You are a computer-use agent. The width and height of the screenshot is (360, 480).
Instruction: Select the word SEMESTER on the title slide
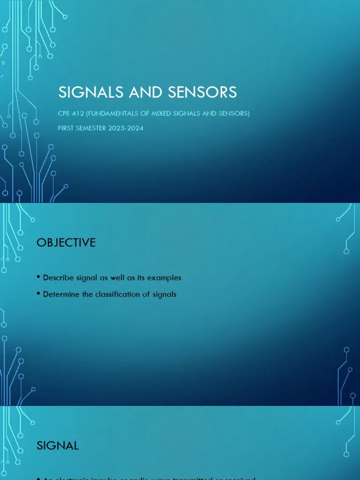[91, 128]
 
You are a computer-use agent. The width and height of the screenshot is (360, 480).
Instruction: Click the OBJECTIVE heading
[66, 243]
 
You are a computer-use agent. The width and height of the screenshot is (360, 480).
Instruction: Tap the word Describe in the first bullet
[58, 278]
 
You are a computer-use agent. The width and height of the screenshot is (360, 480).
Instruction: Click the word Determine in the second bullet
[61, 294]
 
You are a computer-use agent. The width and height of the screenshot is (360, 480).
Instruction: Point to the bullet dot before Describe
[38, 277]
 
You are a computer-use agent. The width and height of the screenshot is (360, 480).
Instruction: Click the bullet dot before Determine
[38, 294]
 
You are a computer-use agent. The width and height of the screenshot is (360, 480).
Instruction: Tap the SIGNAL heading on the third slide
[58, 446]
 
